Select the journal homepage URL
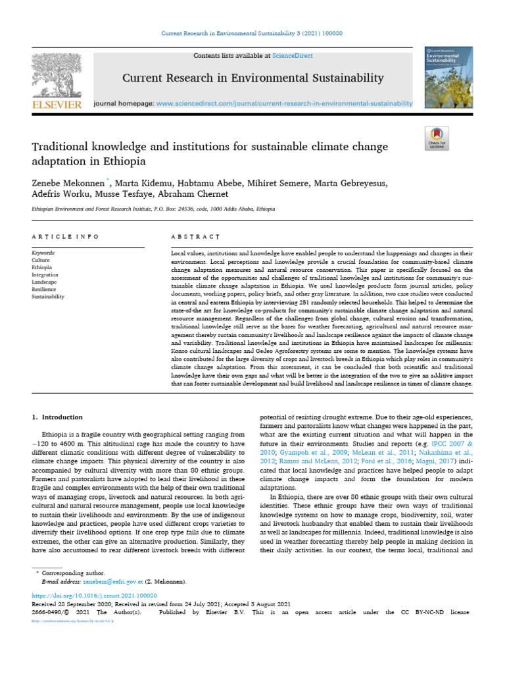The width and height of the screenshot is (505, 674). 284,103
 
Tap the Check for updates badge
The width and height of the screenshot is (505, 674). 437,138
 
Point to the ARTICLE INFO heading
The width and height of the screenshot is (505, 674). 66,236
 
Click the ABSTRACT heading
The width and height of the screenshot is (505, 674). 195,236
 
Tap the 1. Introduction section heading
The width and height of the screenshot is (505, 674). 58,417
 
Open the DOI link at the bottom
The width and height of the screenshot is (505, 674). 95,594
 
